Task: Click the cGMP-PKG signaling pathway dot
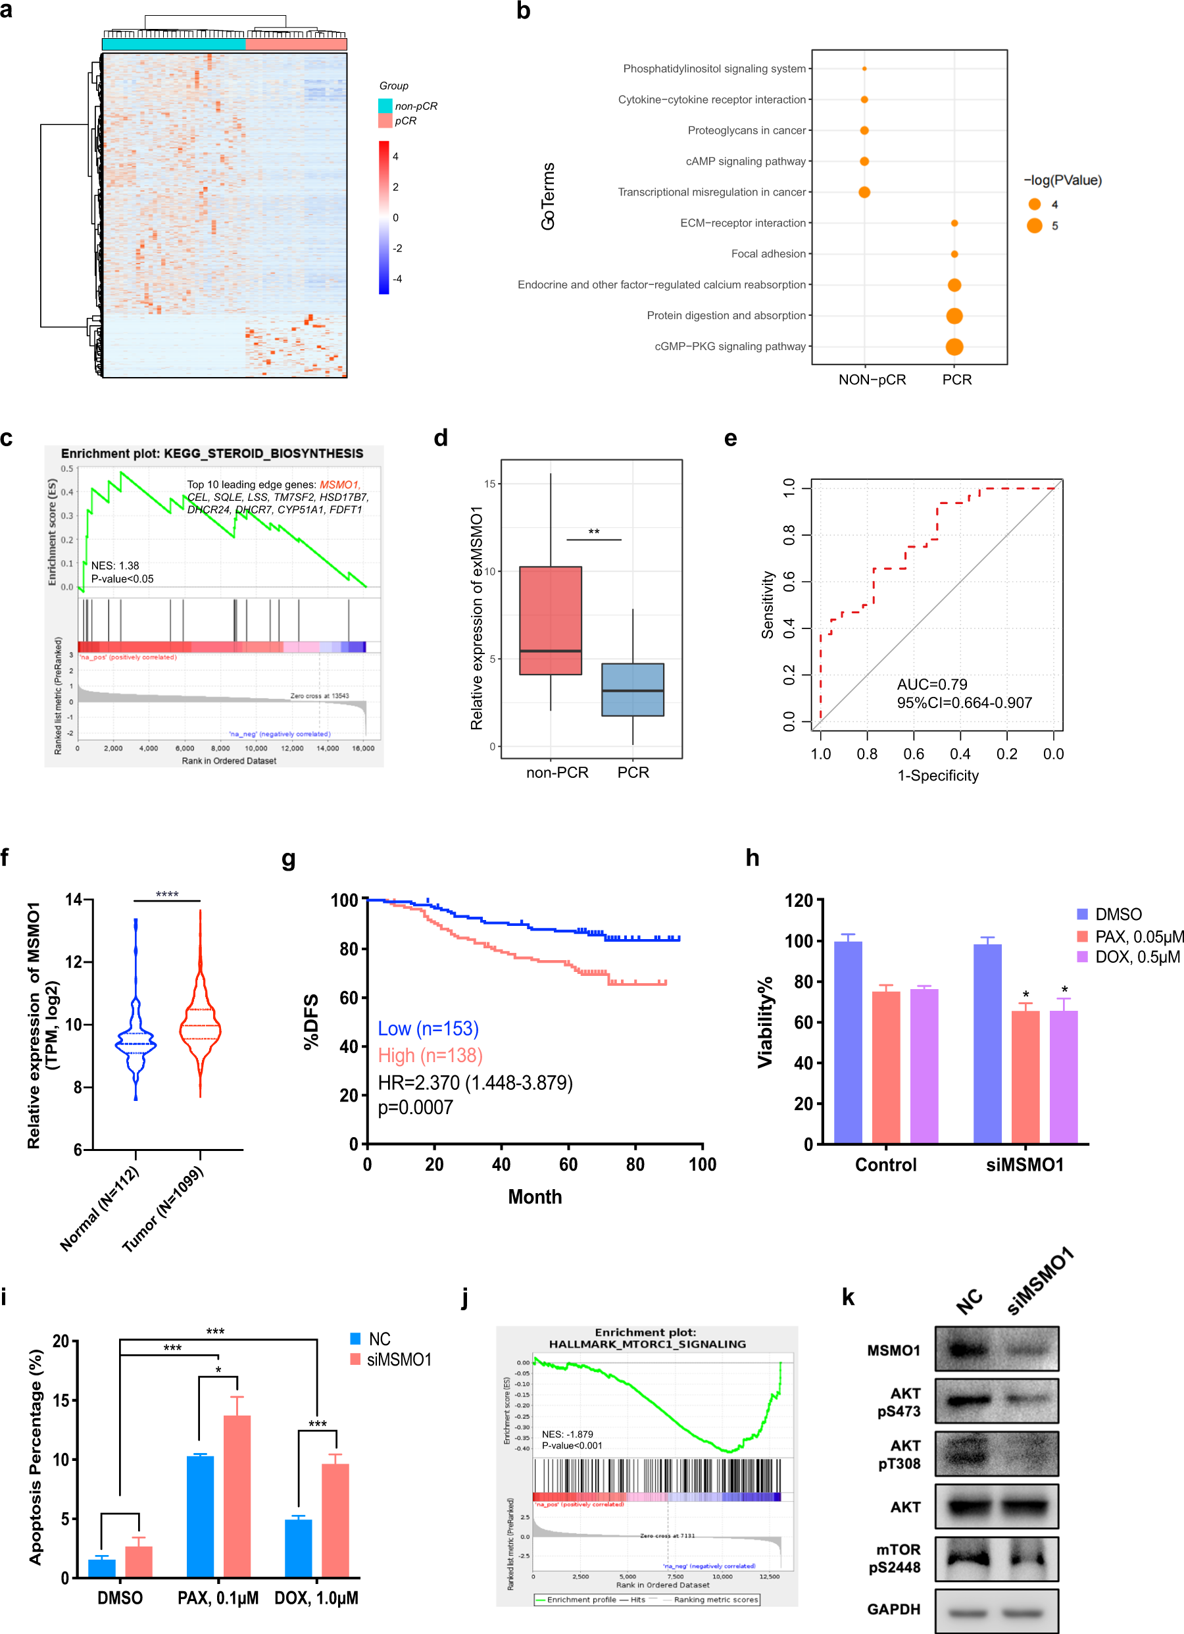(x=954, y=347)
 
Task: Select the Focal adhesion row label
(x=768, y=253)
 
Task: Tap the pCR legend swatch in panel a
(x=385, y=121)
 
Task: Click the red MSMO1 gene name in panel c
(x=339, y=484)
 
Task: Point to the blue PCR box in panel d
(x=632, y=690)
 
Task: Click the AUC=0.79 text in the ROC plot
(x=931, y=684)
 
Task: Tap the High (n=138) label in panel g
(x=430, y=1056)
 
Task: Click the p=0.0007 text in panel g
(x=416, y=1108)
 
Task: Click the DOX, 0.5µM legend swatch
(x=1082, y=957)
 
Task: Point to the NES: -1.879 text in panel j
(x=567, y=1434)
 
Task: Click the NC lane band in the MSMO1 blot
(x=965, y=1348)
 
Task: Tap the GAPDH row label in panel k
(x=893, y=1609)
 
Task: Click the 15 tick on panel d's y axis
(x=490, y=484)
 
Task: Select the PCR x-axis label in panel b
(x=956, y=380)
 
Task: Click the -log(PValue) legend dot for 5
(x=1034, y=226)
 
